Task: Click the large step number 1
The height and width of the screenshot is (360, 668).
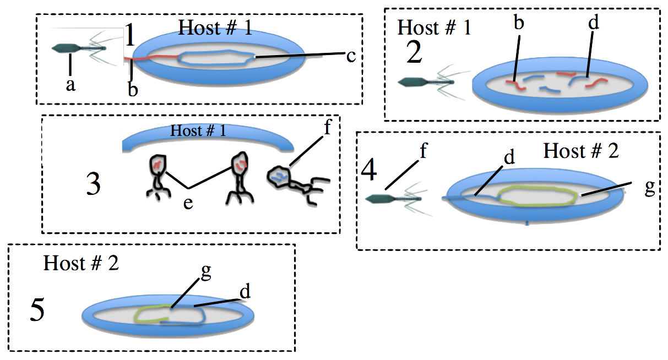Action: [130, 35]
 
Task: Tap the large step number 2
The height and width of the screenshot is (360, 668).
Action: [414, 52]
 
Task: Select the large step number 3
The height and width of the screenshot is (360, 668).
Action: [94, 184]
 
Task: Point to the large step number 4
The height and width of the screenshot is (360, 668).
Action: [369, 170]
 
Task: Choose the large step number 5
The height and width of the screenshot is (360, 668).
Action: [37, 309]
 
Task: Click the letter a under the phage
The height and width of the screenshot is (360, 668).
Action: [70, 85]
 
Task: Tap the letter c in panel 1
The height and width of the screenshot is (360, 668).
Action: [351, 56]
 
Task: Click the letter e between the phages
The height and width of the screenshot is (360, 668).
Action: [188, 203]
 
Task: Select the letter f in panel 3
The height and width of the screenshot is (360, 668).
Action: [327, 127]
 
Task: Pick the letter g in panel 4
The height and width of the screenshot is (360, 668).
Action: [650, 188]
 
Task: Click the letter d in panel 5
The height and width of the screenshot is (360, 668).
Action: [245, 291]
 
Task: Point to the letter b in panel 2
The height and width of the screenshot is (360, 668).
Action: [519, 22]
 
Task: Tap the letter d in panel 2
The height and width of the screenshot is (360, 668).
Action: [594, 22]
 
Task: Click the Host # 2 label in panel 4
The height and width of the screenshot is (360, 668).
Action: [581, 151]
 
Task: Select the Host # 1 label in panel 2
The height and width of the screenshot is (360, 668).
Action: [434, 28]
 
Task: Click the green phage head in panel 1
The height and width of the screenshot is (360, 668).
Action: [66, 48]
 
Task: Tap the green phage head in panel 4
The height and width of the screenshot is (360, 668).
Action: [380, 199]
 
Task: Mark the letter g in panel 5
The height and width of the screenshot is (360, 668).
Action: [206, 271]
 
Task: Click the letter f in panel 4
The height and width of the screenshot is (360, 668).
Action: [423, 150]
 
